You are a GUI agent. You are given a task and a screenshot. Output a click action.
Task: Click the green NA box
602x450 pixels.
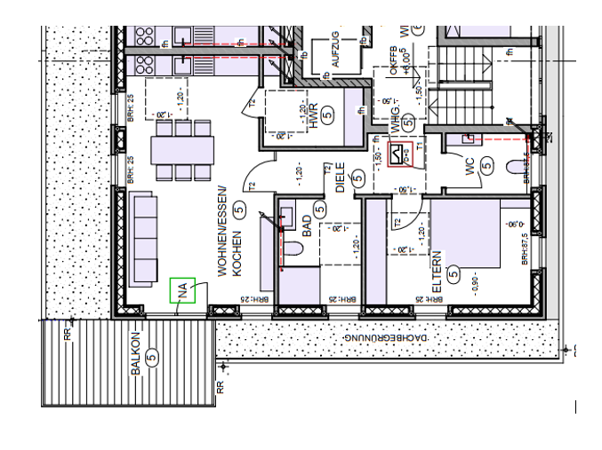click(x=182, y=290)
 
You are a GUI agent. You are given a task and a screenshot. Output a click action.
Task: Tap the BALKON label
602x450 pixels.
click(x=136, y=356)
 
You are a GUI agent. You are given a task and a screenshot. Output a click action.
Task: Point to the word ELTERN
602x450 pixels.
click(x=437, y=278)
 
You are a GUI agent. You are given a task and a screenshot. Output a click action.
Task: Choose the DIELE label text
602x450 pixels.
click(x=340, y=178)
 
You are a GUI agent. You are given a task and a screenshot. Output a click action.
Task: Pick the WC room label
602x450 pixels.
click(x=470, y=166)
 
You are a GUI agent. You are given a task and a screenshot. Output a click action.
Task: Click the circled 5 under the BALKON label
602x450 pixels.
click(x=152, y=357)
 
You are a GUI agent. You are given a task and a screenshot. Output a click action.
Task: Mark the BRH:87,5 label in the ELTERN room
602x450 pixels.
click(x=526, y=249)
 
